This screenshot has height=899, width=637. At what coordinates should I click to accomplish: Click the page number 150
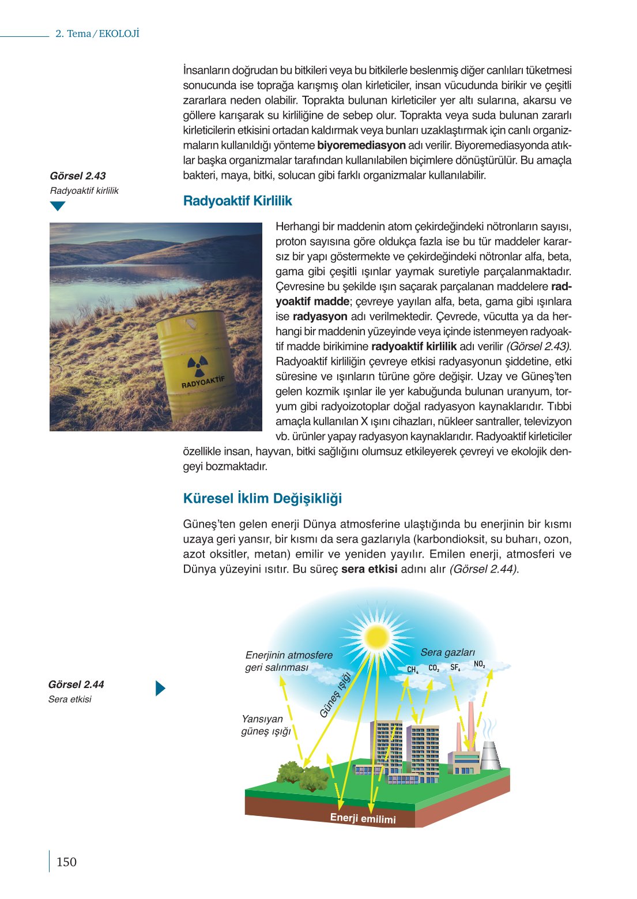(x=66, y=862)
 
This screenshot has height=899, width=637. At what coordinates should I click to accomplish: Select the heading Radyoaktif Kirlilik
(x=237, y=201)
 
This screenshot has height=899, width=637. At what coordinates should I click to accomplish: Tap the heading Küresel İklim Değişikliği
(x=262, y=499)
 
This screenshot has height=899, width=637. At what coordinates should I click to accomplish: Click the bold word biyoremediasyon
(x=361, y=145)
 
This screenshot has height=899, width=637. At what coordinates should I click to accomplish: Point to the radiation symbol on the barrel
(x=197, y=366)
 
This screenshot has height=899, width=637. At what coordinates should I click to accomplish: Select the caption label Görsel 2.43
(x=78, y=176)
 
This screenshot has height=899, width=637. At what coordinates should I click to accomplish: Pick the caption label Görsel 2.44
(x=76, y=685)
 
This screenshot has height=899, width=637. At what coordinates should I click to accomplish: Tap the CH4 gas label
(x=413, y=670)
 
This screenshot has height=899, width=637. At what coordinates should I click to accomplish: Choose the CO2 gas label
(x=434, y=668)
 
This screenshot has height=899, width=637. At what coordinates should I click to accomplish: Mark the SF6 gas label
(x=455, y=667)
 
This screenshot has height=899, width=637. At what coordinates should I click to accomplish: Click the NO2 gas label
(x=479, y=664)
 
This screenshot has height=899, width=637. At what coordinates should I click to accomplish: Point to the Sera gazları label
(x=447, y=652)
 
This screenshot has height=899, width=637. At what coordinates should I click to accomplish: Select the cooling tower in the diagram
(x=490, y=755)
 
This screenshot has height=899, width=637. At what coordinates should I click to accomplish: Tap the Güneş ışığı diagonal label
(x=336, y=695)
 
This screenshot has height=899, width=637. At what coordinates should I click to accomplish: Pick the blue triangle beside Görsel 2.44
(x=160, y=689)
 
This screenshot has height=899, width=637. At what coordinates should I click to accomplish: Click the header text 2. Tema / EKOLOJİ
(x=97, y=34)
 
